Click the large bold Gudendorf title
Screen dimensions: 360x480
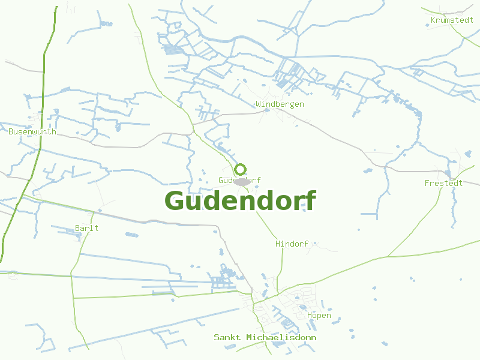[x=240, y=201]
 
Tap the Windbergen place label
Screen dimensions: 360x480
[x=280, y=104]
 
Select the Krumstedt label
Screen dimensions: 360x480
[x=452, y=20]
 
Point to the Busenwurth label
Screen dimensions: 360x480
[x=32, y=131]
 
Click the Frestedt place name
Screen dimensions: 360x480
[x=443, y=183]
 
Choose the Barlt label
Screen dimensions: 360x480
[x=87, y=228]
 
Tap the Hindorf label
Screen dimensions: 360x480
[x=292, y=244]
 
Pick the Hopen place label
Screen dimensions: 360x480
[x=319, y=316]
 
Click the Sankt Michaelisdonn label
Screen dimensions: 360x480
[x=265, y=338]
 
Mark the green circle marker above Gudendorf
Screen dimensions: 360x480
[x=241, y=169]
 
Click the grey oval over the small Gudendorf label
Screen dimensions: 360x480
[x=242, y=181]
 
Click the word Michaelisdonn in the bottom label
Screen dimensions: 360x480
[x=281, y=338]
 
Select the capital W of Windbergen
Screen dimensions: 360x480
[x=259, y=104]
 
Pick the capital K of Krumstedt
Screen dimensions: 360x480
[x=433, y=20]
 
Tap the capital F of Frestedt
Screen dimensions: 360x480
[x=427, y=183]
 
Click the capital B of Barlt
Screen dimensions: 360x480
[x=77, y=228]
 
